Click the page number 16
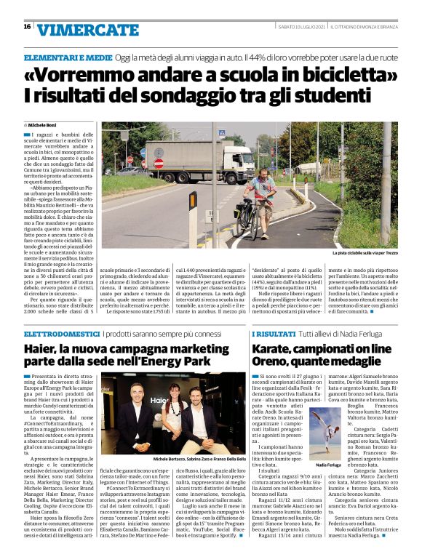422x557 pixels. tap(27, 26)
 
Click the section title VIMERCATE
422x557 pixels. tap(77, 29)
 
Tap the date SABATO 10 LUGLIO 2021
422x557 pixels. tap(301, 27)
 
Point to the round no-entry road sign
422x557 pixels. tap(159, 164)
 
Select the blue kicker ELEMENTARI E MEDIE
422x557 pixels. tap(66, 57)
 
